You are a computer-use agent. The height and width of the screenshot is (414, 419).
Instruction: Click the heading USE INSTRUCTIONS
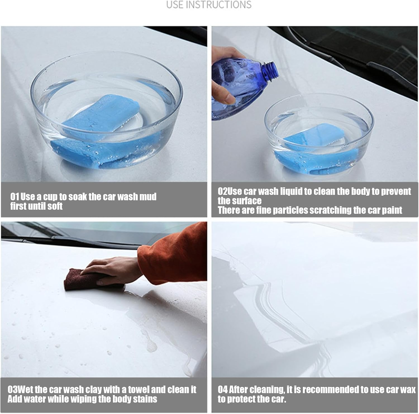coord(209,5)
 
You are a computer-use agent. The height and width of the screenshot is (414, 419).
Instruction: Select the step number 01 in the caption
coord(15,197)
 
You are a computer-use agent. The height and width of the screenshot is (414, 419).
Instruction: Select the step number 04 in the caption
coord(223,389)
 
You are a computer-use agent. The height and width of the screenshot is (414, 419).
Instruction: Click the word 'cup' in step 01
coord(51,197)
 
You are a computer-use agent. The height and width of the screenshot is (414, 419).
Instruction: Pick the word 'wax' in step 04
coord(408,389)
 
